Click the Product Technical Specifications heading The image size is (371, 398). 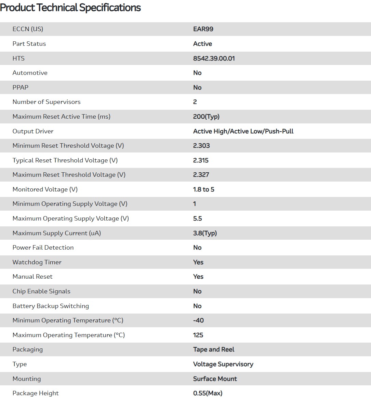coord(70,8)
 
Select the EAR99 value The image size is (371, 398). coord(203,29)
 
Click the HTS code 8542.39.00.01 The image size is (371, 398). coord(214,58)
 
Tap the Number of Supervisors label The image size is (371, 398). coord(47,102)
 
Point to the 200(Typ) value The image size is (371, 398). coord(206,117)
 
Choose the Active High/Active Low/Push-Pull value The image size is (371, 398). coord(243,131)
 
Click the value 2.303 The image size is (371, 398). coord(201,146)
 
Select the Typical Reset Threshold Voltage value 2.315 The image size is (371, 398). coord(201,160)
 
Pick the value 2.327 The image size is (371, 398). coord(201,175)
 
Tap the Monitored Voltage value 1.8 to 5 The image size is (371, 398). coord(204,189)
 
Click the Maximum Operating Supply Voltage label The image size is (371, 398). coord(71,218)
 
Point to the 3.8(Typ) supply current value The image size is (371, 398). coord(205,233)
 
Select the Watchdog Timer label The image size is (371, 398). coord(37,262)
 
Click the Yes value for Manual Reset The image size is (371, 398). coord(198,277)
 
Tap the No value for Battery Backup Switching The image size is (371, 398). coord(197,306)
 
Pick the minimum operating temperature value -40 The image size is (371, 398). coord(198,320)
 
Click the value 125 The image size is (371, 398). coord(198,335)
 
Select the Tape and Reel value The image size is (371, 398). coord(214,349)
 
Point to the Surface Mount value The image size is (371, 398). coord(215,379)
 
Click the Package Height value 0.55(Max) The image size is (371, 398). coord(208,393)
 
